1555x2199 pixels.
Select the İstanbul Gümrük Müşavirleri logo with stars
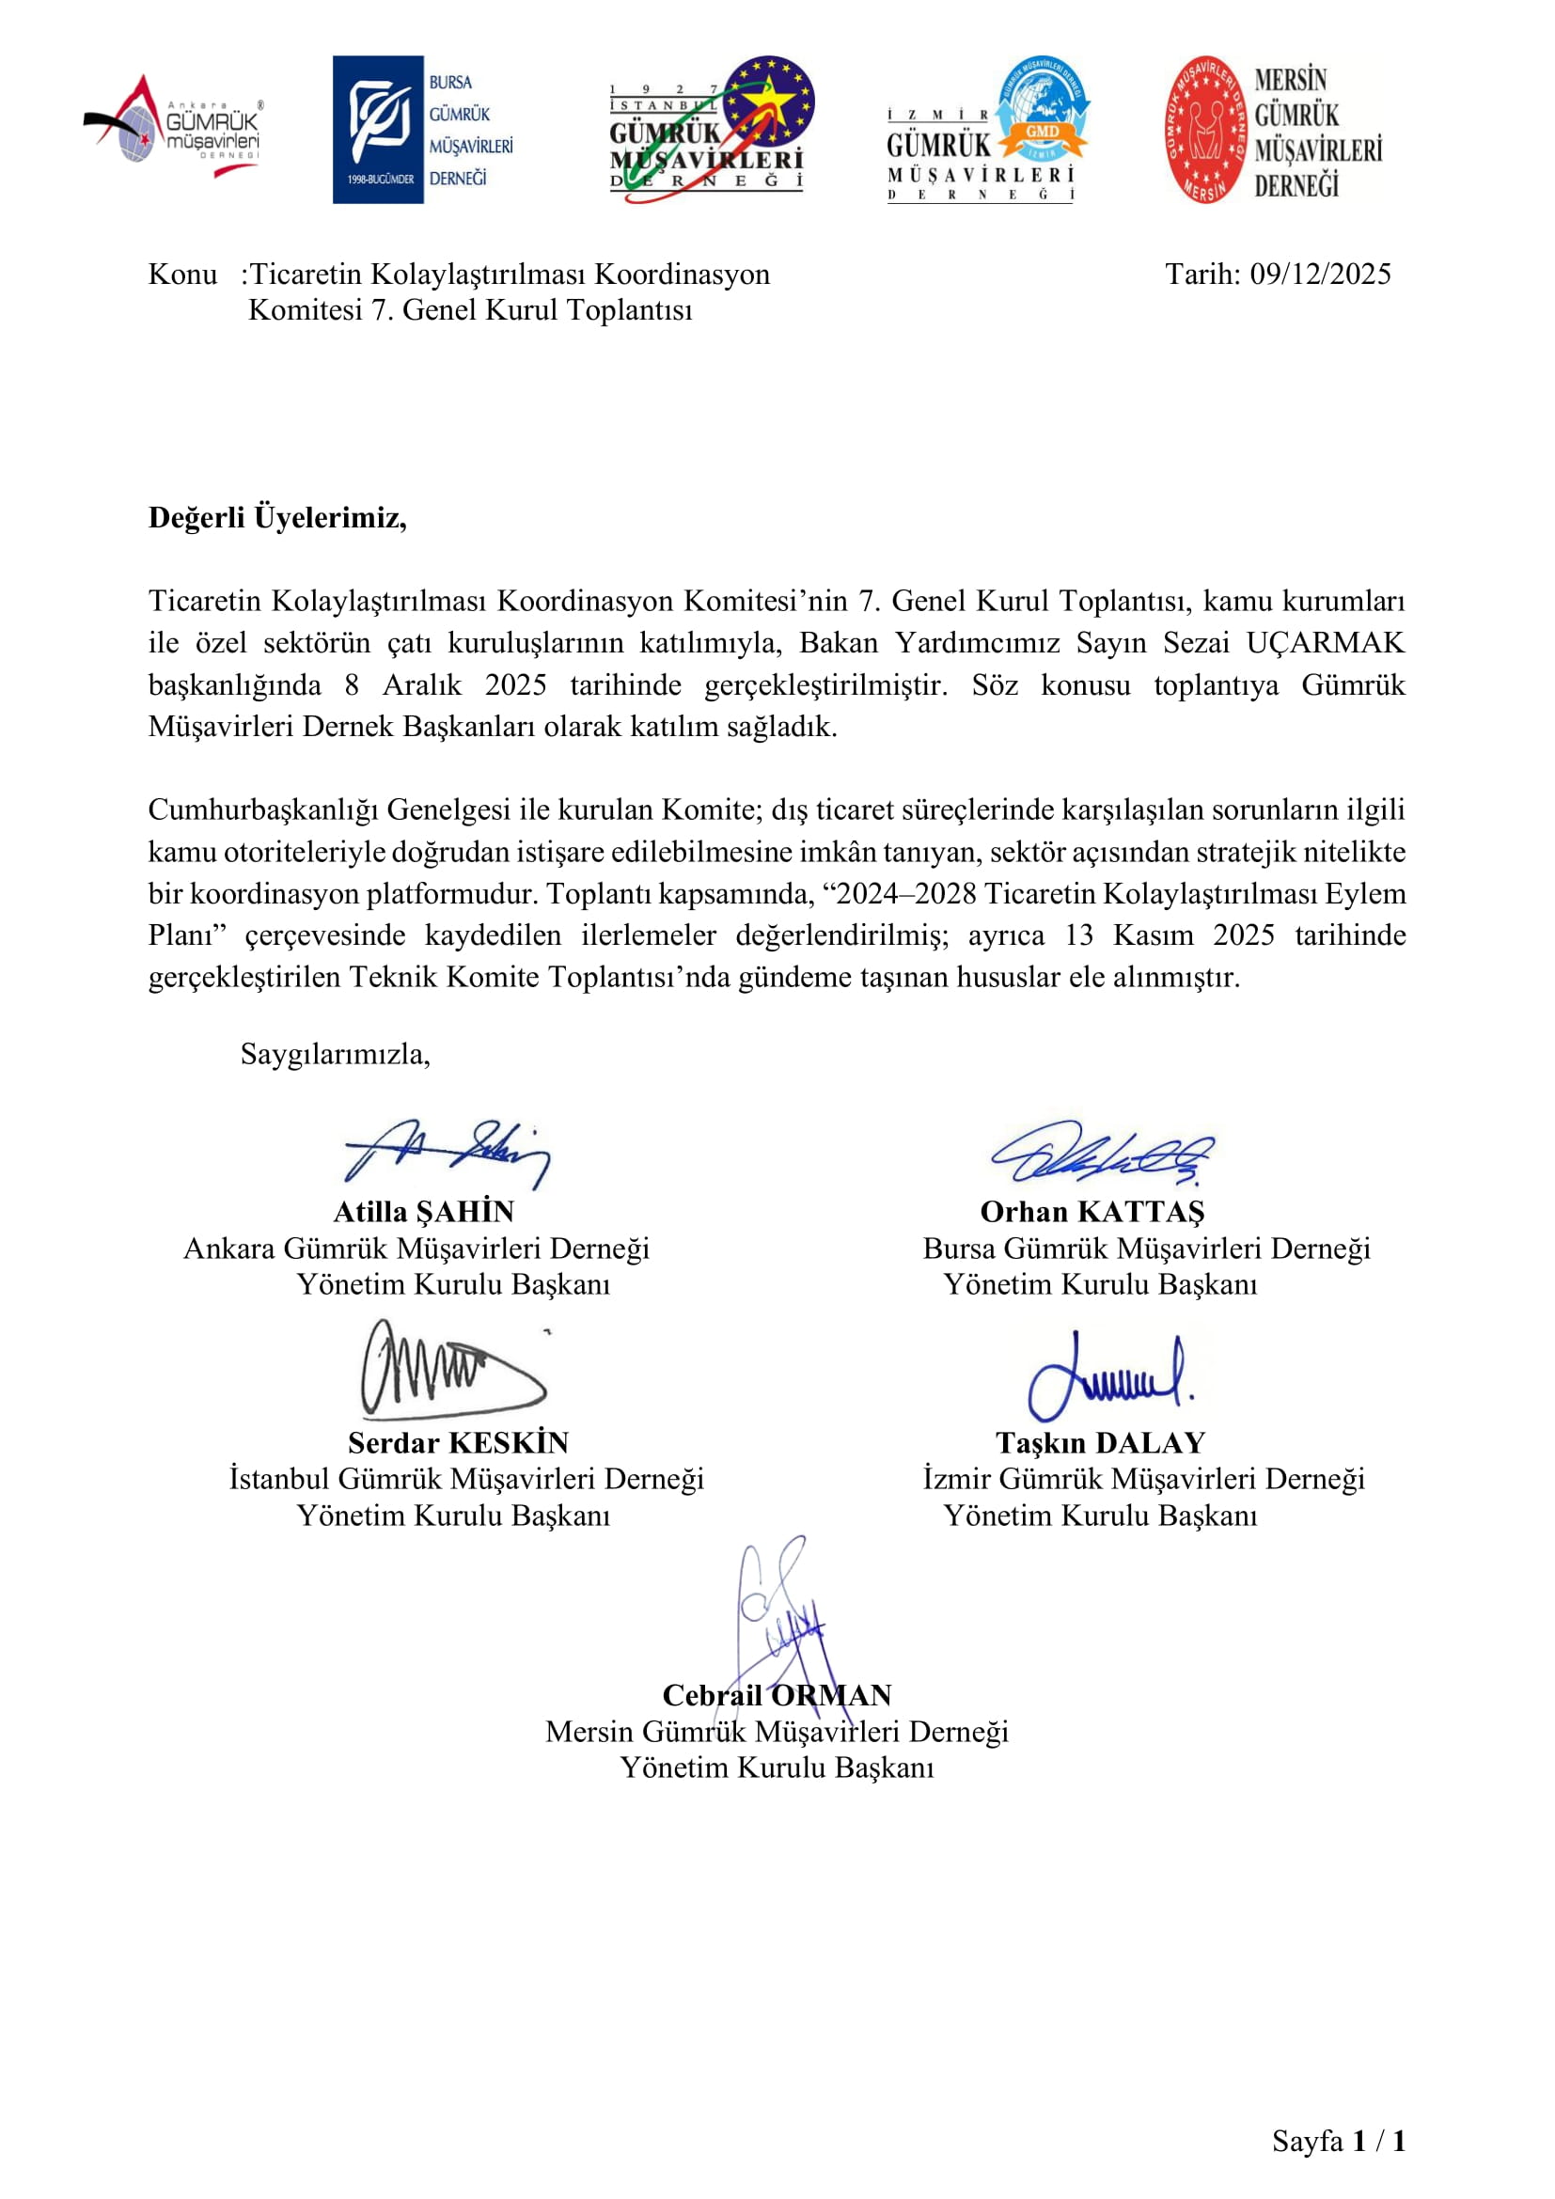[711, 130]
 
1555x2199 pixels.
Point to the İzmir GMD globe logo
[988, 130]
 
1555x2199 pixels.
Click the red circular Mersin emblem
[1205, 130]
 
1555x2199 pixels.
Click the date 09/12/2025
[1319, 275]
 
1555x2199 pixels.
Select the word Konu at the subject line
[182, 275]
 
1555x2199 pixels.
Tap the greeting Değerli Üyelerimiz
[276, 518]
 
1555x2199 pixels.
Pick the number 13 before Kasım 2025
[1078, 935]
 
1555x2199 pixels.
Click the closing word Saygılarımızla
[335, 1055]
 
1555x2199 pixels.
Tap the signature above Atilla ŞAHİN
[447, 1154]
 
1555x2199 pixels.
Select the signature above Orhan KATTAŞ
[1102, 1154]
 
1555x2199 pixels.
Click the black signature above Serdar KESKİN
[448, 1370]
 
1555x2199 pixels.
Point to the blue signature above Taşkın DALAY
[1108, 1376]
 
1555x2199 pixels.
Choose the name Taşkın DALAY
[1100, 1443]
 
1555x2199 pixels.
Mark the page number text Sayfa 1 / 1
[1338, 2141]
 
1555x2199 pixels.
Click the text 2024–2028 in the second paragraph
[905, 894]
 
